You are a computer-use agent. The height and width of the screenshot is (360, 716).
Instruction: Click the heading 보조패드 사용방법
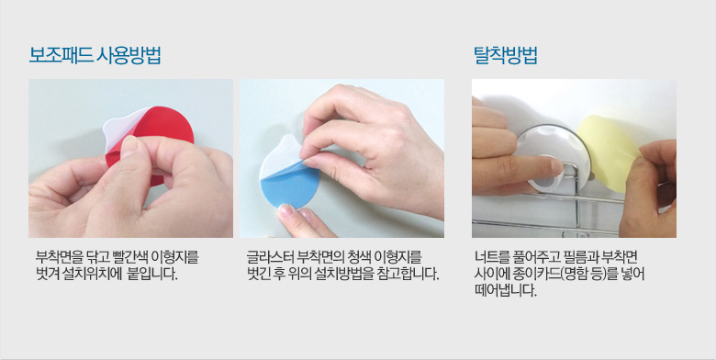95,55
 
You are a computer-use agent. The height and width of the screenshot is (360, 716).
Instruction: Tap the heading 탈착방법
505,55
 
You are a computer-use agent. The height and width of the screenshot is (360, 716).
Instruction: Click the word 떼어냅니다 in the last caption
505,290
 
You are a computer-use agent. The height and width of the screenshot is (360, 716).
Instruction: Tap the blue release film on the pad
288,185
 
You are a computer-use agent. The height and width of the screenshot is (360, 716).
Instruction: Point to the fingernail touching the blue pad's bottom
285,210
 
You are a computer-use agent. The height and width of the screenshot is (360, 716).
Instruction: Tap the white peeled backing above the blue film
280,155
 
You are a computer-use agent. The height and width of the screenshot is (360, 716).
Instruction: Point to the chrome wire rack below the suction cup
571,212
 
